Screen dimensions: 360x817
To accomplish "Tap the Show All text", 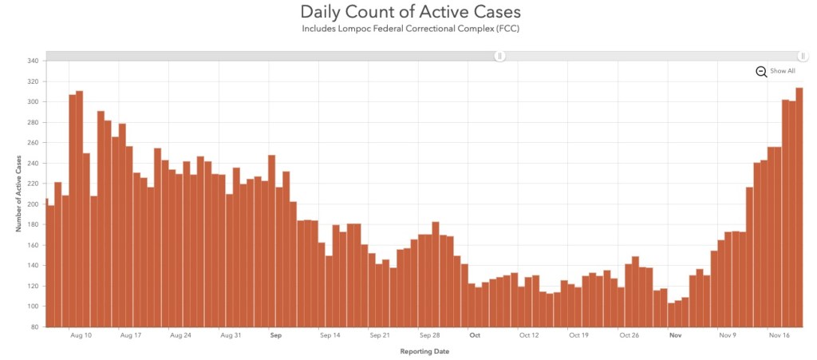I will click(x=782, y=71).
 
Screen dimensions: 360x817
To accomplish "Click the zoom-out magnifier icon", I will click(x=761, y=72).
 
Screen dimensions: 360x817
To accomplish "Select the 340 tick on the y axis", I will click(x=33, y=61).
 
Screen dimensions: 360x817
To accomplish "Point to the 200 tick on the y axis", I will click(x=33, y=204).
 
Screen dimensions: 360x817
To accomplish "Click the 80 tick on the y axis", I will click(x=35, y=327).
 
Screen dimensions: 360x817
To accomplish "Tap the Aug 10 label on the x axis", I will click(x=81, y=336).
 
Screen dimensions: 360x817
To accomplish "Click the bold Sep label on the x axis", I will click(x=276, y=336).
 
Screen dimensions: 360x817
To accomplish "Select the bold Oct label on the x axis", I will click(x=475, y=336).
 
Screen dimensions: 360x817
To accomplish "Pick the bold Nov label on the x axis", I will click(x=676, y=336).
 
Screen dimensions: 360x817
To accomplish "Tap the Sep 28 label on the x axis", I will click(x=430, y=336).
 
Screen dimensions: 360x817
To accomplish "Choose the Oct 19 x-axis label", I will click(x=578, y=336).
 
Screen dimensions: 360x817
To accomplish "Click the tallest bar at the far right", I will click(x=799, y=208).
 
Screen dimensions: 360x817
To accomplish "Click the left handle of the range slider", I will click(x=500, y=56).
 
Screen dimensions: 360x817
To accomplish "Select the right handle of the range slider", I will click(x=803, y=56).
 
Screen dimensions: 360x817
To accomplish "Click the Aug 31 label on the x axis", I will click(x=230, y=336).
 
